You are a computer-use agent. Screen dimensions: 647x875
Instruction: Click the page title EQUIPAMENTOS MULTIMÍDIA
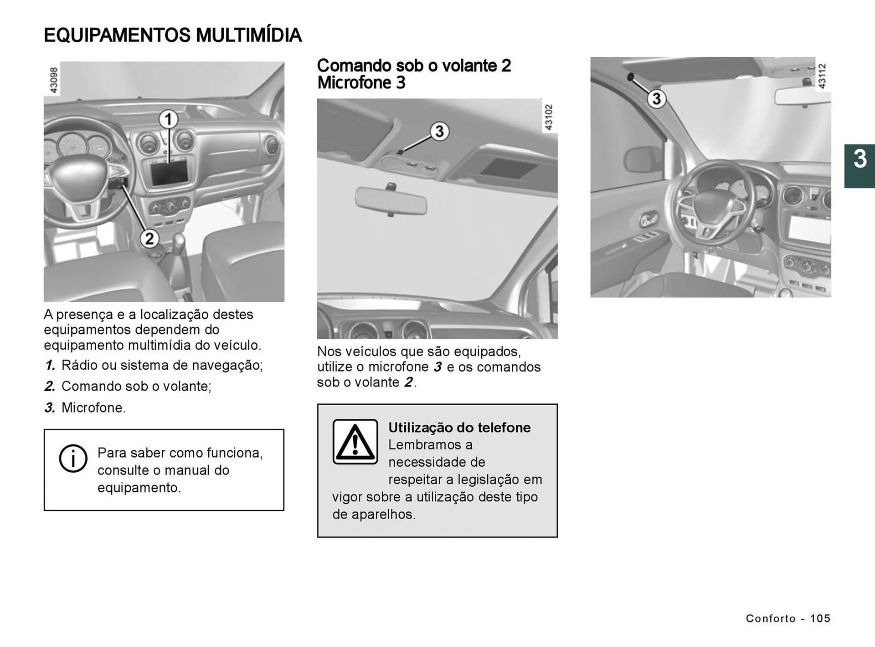[x=172, y=36]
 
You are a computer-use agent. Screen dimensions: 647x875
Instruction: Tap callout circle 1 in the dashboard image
[x=168, y=119]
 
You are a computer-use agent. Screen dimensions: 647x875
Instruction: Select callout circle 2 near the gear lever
[x=149, y=239]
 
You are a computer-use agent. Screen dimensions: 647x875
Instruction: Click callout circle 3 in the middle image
[x=439, y=132]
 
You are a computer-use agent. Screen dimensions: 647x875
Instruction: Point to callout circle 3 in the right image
[x=656, y=99]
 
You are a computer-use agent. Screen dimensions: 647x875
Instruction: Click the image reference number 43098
[x=54, y=80]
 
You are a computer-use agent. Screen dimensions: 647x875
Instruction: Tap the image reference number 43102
[x=549, y=117]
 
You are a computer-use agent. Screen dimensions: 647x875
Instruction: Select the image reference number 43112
[x=822, y=76]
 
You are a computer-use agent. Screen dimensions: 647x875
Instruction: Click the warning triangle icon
[x=355, y=442]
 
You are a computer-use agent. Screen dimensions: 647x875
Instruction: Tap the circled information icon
[x=73, y=458]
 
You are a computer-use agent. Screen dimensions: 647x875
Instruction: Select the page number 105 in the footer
[x=820, y=618]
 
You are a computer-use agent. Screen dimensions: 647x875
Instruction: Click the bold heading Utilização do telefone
[x=459, y=428]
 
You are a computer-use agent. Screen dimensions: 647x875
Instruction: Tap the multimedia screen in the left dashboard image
[x=169, y=173]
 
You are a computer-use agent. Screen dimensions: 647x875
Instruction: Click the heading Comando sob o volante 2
[x=413, y=66]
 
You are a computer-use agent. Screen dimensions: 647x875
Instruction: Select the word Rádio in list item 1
[x=77, y=365]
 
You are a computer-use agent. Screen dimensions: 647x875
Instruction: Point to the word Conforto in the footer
[x=770, y=618]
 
